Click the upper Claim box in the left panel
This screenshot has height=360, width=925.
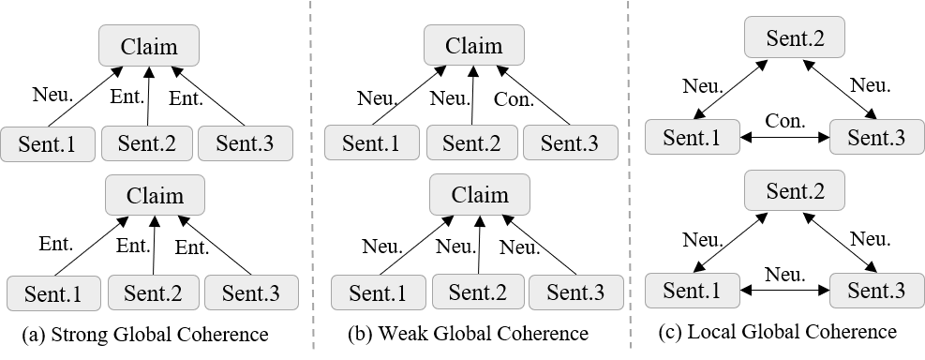click(x=149, y=46)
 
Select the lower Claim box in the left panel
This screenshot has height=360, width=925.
click(x=155, y=196)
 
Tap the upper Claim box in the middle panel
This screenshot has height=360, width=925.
click(x=473, y=45)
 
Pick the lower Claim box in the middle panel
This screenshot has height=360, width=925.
click(x=480, y=195)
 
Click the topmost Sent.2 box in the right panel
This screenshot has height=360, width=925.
click(x=795, y=38)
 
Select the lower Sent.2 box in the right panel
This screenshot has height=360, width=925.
click(x=795, y=190)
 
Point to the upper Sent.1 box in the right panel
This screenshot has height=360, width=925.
click(x=692, y=137)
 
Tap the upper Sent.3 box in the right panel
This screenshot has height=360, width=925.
click(x=876, y=137)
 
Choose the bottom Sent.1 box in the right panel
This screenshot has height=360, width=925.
click(x=692, y=291)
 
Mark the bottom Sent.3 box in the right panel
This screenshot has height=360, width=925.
click(x=876, y=291)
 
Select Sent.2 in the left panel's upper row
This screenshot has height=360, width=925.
click(x=146, y=143)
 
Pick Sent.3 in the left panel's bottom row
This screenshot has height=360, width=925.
click(x=250, y=292)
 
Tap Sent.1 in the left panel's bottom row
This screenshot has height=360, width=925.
click(x=53, y=293)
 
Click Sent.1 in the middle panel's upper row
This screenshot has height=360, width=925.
click(x=371, y=143)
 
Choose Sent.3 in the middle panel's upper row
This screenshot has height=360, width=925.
click(x=570, y=143)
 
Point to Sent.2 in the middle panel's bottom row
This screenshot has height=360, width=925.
click(x=477, y=292)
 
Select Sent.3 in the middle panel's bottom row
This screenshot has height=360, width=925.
click(x=575, y=292)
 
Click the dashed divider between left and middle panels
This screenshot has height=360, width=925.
click(x=312, y=244)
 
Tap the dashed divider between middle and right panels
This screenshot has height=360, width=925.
click(x=629, y=244)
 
